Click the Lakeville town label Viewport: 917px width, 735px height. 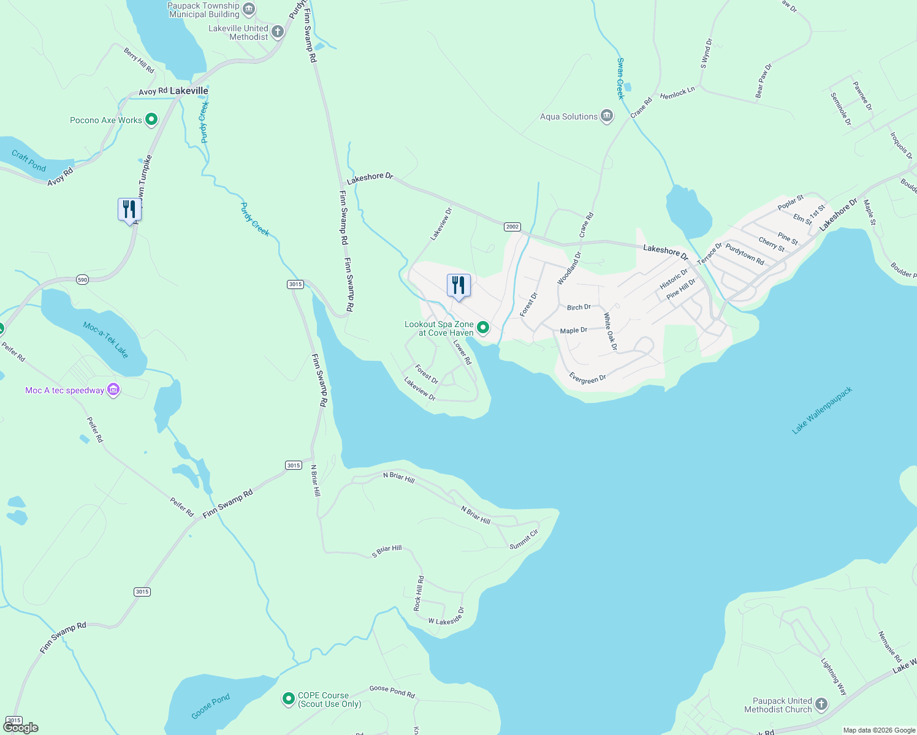189,91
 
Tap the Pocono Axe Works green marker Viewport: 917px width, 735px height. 151,120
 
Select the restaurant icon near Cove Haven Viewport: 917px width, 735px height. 458,285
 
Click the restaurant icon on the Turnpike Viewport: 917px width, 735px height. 129,209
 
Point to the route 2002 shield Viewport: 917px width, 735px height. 512,227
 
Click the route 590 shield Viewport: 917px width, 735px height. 83,280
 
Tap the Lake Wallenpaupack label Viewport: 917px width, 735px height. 822,410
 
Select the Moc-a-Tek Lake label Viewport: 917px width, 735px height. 106,340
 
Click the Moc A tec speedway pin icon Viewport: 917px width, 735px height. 113,390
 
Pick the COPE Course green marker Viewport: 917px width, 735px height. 288,698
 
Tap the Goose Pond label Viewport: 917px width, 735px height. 210,706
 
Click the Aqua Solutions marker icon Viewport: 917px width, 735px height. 607,116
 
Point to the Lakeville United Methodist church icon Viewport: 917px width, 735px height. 278,32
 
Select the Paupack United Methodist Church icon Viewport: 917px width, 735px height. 821,704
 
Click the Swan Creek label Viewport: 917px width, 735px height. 620,78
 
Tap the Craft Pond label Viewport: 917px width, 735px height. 29,161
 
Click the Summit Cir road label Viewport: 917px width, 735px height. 523,538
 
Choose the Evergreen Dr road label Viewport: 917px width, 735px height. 587,379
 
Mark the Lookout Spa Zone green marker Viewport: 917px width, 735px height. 483,328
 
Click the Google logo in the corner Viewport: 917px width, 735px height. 21,727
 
